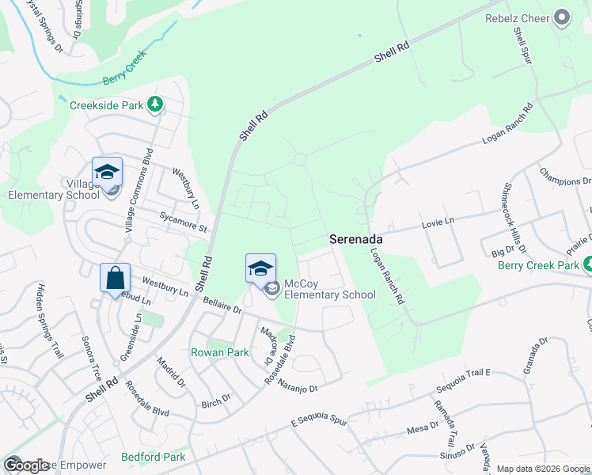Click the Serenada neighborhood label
coord(356,238)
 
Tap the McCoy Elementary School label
coord(329,289)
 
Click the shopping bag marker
coord(115,279)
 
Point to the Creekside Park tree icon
coord(157,104)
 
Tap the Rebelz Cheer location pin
coord(563,17)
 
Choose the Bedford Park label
coord(154,457)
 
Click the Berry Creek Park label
coord(540,265)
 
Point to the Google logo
coord(26,465)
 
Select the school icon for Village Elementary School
coord(107,173)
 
